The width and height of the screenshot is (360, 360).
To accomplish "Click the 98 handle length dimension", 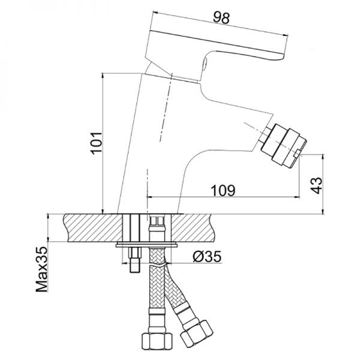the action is click(x=221, y=17).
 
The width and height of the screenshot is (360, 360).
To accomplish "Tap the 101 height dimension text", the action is click(x=96, y=143).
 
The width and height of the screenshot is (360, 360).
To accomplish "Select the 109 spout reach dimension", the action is click(x=223, y=191).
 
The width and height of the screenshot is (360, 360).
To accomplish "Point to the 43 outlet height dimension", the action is click(x=316, y=185).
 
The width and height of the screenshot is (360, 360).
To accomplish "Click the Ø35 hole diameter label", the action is click(x=208, y=256).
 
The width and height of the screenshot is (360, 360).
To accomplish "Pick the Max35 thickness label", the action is click(x=42, y=269).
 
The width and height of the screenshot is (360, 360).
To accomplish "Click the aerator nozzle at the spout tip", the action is click(x=284, y=146).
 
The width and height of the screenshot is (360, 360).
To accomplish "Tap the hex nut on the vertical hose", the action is click(x=157, y=341).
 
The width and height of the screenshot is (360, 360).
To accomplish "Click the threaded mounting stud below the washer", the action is click(x=134, y=260).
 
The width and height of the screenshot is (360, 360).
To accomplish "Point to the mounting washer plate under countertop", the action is click(x=146, y=245).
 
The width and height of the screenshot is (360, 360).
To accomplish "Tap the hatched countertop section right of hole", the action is click(x=191, y=227).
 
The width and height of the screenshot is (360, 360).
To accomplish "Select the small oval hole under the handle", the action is click(x=205, y=63).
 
